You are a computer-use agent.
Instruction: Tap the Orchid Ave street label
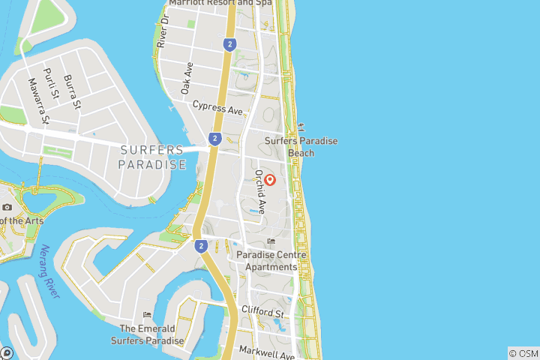coord(260,191)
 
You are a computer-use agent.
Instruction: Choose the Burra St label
coord(71,91)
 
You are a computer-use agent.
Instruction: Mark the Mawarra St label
coord(38,100)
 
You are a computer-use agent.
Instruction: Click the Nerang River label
coord(49,271)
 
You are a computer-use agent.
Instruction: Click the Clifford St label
coord(262,311)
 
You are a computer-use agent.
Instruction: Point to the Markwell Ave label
coord(266,351)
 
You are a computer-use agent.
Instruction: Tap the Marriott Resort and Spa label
coord(220,3)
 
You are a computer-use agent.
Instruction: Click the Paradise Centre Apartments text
coord(271,261)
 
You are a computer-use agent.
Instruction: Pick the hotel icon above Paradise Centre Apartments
coord(271,241)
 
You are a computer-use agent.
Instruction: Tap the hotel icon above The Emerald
coord(147,315)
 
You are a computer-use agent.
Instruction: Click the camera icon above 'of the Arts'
coord(7,207)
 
